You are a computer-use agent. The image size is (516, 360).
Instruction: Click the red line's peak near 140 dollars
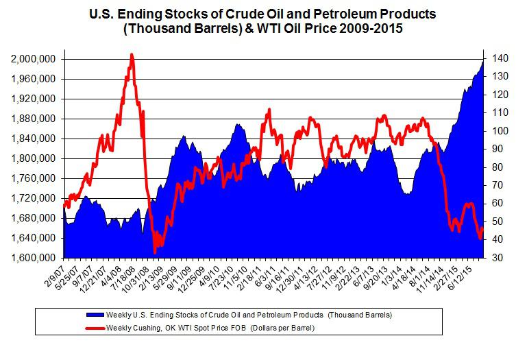(x=132, y=54)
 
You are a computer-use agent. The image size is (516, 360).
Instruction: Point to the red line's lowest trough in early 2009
(x=155, y=253)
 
